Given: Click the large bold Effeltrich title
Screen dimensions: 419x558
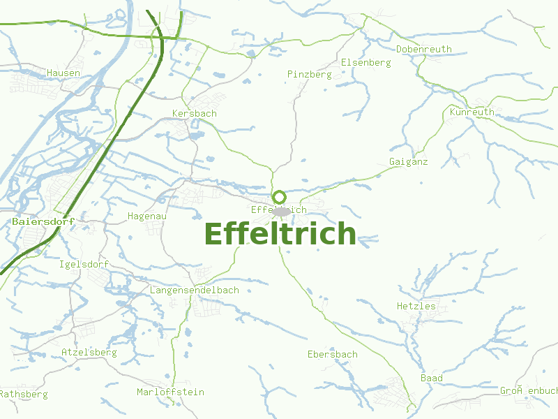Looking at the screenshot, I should coord(280,234).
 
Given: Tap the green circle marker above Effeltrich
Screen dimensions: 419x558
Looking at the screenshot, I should coord(279,198).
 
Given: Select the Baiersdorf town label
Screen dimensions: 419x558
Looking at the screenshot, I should coord(43,221).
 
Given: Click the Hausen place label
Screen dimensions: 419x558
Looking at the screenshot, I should coord(63,73).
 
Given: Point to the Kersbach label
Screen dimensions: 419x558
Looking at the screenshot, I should coord(194,113).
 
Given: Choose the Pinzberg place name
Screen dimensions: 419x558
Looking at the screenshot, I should coord(309,74).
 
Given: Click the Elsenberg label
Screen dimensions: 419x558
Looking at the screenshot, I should coord(365,62).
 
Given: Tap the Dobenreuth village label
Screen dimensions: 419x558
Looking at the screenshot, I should coord(423,49).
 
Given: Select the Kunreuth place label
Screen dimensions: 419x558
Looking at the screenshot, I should coord(472,112).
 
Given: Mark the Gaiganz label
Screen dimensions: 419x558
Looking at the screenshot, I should coord(408,162).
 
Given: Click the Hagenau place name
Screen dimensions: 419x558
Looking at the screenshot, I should coord(146,216).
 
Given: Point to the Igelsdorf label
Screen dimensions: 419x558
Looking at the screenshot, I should coord(84,265).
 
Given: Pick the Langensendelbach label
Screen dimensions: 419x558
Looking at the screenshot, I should coord(195,290).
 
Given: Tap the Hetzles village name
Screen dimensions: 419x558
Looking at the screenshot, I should coord(416,306).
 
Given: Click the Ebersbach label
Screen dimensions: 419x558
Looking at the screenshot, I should coord(332,354).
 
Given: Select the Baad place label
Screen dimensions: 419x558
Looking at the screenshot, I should coord(431,378).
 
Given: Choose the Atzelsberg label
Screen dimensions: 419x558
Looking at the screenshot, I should coord(89,353).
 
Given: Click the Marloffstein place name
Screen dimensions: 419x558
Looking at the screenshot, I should coord(170,392).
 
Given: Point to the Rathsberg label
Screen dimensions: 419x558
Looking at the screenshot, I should coord(24,395).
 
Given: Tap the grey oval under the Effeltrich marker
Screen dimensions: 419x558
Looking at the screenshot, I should coord(282,212).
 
